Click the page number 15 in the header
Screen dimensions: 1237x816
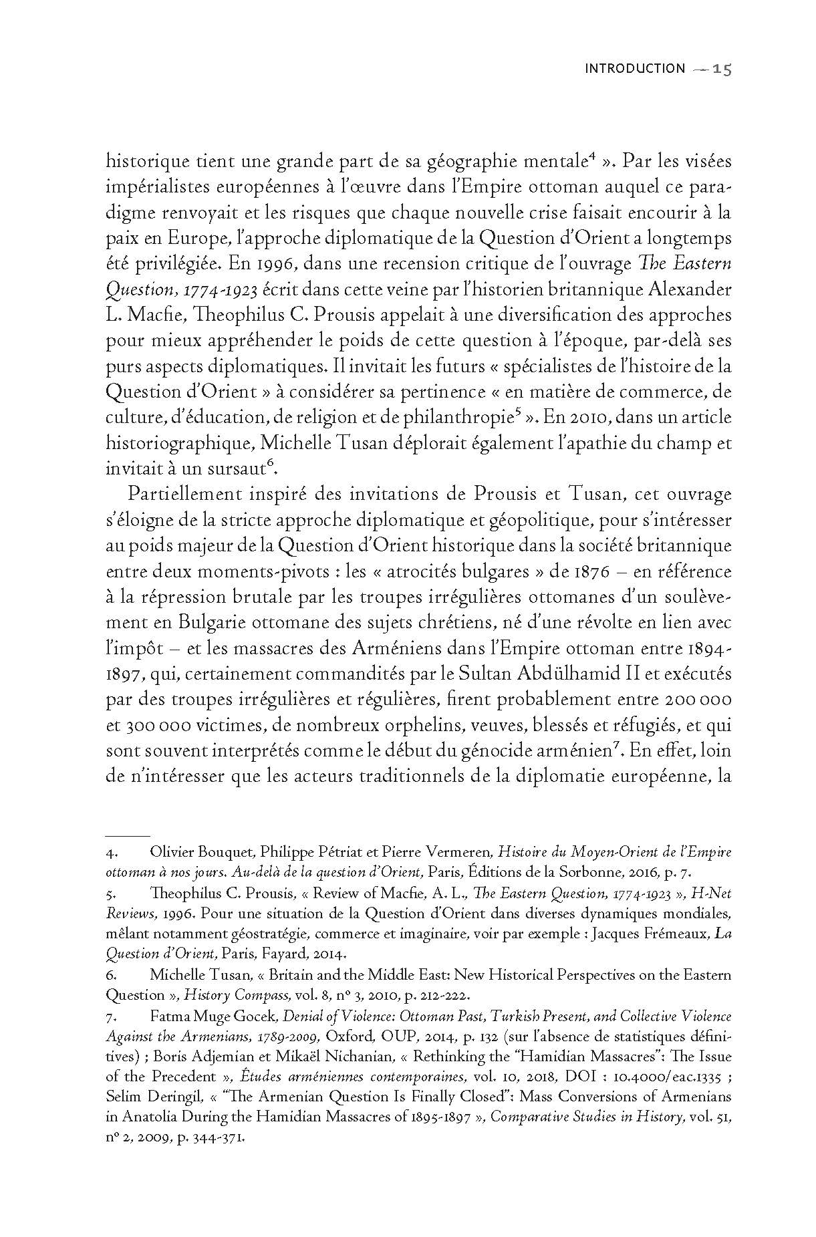722,69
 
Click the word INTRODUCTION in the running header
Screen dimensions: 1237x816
635,69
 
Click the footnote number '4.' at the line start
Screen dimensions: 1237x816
112,853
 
